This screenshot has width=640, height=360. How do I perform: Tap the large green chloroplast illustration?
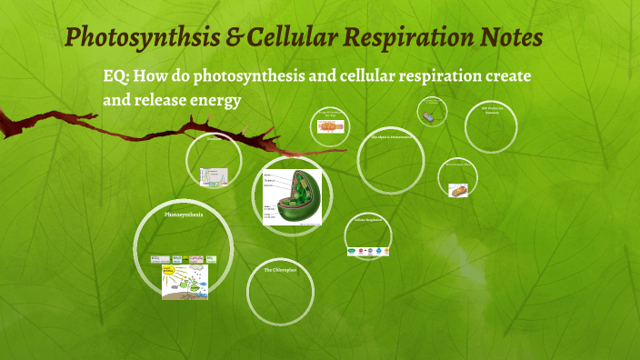(x=292, y=195)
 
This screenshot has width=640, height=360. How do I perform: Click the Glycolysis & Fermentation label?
(x=391, y=136)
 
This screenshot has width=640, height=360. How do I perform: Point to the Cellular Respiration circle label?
(x=370, y=219)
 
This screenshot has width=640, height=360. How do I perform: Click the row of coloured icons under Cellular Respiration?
(x=370, y=250)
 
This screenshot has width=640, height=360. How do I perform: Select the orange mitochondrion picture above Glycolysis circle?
(x=331, y=127)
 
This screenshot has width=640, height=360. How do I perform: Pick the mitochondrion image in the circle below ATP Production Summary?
(x=458, y=190)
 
